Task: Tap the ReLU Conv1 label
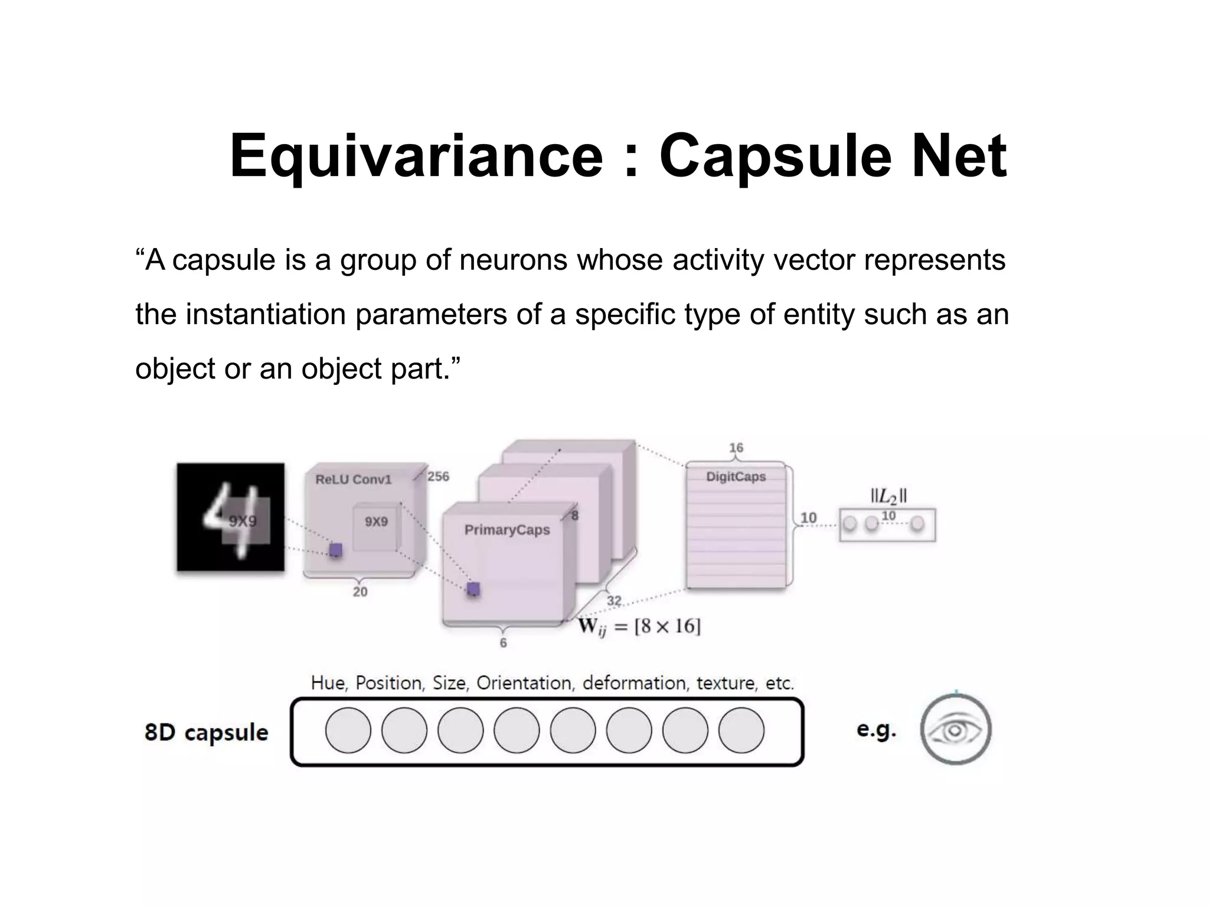pyautogui.click(x=353, y=479)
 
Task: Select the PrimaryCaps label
pyautogui.click(x=507, y=530)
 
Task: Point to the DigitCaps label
pyautogui.click(x=736, y=477)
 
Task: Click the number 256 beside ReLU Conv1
pyautogui.click(x=438, y=476)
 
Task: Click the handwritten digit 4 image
pyautogui.click(x=230, y=517)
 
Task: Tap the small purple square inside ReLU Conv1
pyautogui.click(x=335, y=550)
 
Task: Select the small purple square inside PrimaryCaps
pyautogui.click(x=473, y=589)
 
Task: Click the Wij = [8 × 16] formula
pyautogui.click(x=639, y=626)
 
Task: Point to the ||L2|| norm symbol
pyautogui.click(x=888, y=496)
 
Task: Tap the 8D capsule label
pyautogui.click(x=206, y=732)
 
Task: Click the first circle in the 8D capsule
pyautogui.click(x=348, y=730)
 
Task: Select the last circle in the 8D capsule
pyautogui.click(x=741, y=730)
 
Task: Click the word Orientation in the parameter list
pyautogui.click(x=524, y=683)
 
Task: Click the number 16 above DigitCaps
pyautogui.click(x=736, y=448)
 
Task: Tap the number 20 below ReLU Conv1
pyautogui.click(x=360, y=592)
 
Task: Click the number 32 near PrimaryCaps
pyautogui.click(x=614, y=601)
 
